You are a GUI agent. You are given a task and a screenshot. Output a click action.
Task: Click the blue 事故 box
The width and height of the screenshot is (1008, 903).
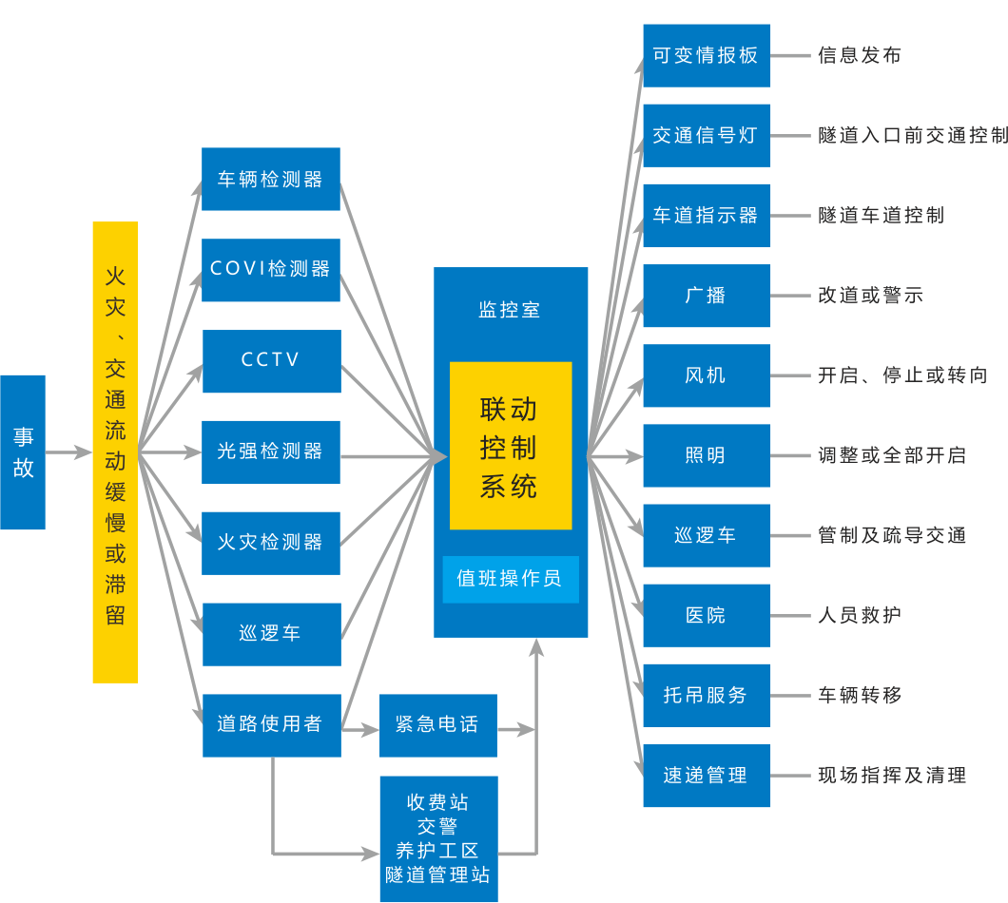coord(23,452)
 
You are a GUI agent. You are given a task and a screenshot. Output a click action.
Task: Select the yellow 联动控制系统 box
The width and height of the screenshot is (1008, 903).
coord(511,446)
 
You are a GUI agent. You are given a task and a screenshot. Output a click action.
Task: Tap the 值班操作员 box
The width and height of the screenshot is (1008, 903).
coord(511,579)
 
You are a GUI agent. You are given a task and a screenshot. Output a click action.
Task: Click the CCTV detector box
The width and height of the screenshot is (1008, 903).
coord(271,361)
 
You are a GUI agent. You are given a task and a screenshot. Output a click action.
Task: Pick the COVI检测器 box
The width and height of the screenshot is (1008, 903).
coord(271,270)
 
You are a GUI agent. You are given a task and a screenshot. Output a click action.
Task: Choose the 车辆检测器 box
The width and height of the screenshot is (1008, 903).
coord(271,180)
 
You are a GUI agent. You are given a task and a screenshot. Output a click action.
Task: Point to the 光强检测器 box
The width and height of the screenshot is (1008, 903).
coord(271,451)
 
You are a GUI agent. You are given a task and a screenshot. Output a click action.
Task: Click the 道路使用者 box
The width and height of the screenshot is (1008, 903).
coord(271,724)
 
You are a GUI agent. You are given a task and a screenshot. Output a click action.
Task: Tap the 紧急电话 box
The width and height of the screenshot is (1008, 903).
coord(437,725)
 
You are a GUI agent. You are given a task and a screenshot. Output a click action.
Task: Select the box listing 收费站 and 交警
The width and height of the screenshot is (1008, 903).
coord(437,838)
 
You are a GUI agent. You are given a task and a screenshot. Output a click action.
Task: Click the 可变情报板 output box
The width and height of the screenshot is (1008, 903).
coord(707,55)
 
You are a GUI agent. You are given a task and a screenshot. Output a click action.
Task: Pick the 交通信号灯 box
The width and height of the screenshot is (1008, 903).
coord(707,136)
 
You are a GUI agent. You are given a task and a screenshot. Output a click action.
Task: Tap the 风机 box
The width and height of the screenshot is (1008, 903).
coord(707,375)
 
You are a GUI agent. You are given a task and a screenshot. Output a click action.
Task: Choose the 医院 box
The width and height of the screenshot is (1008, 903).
coord(707,616)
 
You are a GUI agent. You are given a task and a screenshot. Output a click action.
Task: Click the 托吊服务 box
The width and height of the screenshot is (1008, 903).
coord(707,696)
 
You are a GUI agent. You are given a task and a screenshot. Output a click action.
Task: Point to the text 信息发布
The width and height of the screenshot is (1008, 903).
coord(859,55)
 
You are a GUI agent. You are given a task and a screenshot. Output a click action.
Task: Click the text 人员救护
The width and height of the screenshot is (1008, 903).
coord(859,616)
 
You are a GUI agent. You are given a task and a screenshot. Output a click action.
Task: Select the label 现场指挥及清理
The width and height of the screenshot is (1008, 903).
coord(891,776)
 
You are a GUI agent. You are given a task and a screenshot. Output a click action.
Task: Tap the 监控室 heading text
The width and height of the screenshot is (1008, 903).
coord(511,310)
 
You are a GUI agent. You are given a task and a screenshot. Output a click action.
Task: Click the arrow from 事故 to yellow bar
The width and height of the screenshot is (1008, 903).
coord(68,452)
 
